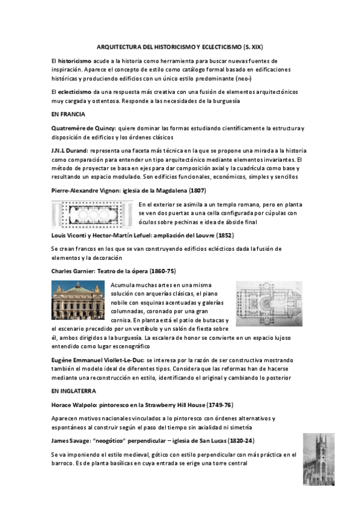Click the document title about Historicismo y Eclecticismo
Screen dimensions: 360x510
coord(180,46)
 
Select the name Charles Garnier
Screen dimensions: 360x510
coord(73,271)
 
